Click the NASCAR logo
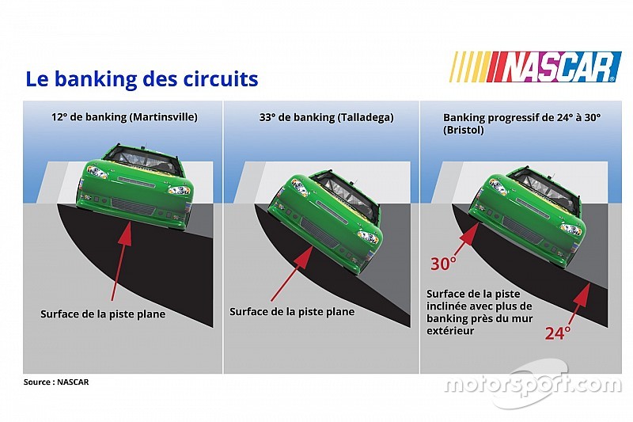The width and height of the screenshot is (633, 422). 535,67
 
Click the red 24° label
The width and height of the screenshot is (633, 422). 558,333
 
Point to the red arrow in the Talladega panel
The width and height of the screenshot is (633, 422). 290,269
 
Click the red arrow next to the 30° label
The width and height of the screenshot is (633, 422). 466,238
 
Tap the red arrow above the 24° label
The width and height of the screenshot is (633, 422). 579,301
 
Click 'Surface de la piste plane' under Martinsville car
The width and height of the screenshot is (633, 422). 103,314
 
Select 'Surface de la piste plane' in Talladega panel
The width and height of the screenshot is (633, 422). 292,312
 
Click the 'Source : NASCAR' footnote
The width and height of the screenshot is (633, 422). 56,382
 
